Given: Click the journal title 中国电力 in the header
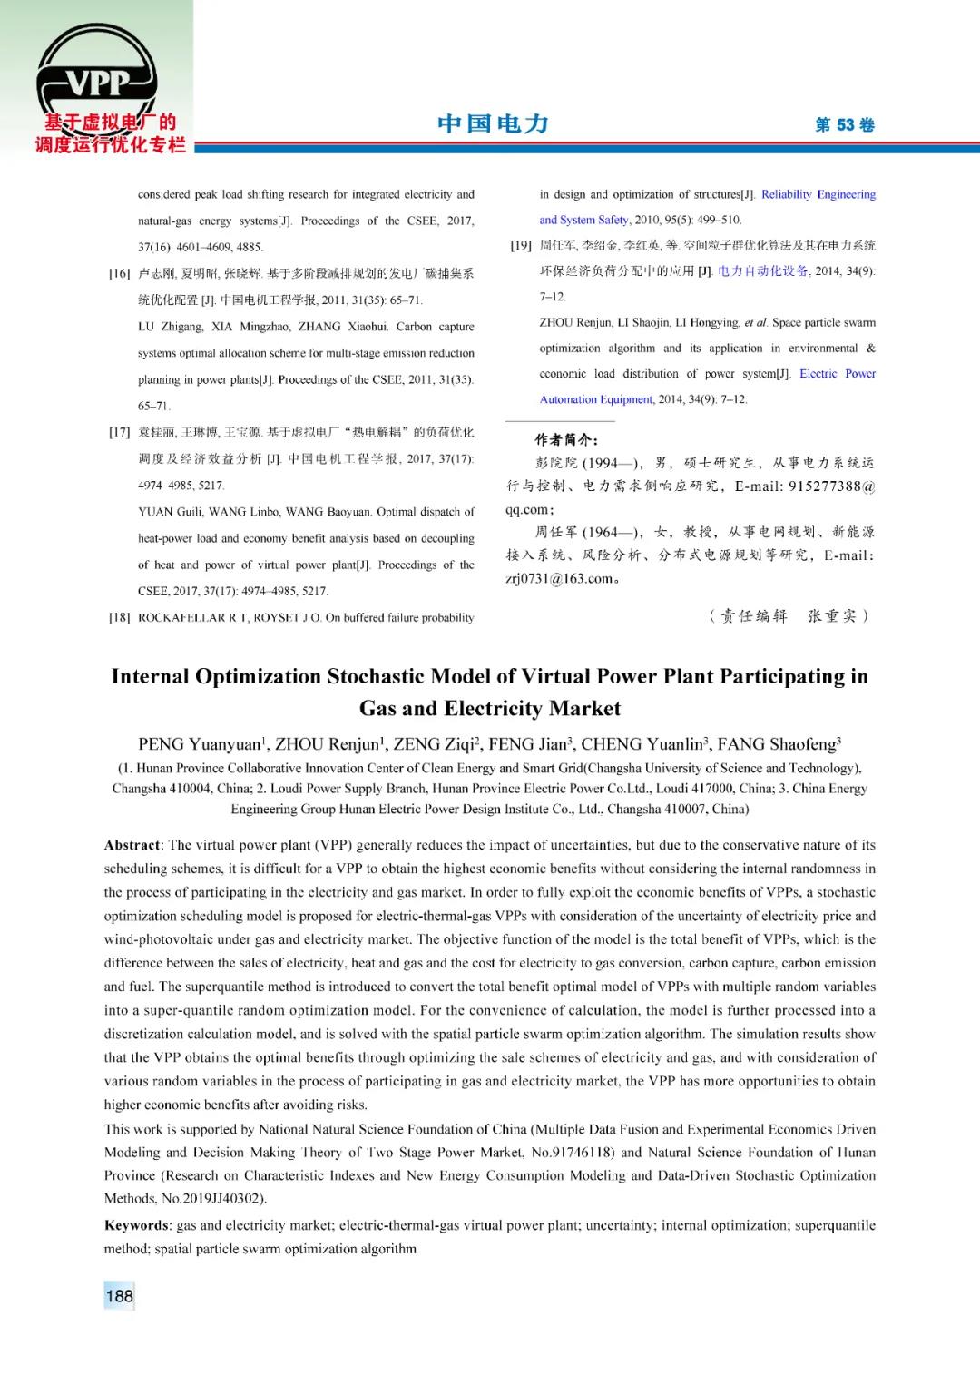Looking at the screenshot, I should pyautogui.click(x=493, y=123).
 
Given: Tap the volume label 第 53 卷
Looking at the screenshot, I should pyautogui.click(x=844, y=125).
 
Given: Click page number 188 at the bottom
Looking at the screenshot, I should pyautogui.click(x=119, y=1296).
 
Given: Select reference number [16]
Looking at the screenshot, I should pyautogui.click(x=120, y=273).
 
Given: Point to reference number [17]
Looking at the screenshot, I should pyautogui.click(x=120, y=433).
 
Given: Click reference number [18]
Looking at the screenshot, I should pyautogui.click(x=120, y=618).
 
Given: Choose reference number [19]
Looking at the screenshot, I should pyautogui.click(x=521, y=245).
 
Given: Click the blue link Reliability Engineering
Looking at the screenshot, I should pyautogui.click(x=818, y=194).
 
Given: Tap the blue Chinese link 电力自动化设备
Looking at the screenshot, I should pyautogui.click(x=762, y=270).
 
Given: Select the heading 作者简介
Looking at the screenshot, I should pyautogui.click(x=566, y=439).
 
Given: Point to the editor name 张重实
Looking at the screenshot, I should pyautogui.click(x=831, y=616).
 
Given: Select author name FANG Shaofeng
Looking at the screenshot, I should pyautogui.click(x=777, y=745).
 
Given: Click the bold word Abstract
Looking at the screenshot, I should pyautogui.click(x=132, y=845).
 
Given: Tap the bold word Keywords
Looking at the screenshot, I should pyautogui.click(x=136, y=1225).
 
